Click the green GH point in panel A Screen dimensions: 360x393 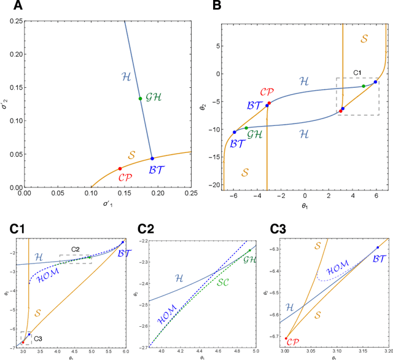tap(140, 98)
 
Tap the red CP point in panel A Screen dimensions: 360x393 tap(120, 168)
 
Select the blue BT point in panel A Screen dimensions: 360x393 tap(152, 158)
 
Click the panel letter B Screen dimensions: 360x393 tap(216, 6)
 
